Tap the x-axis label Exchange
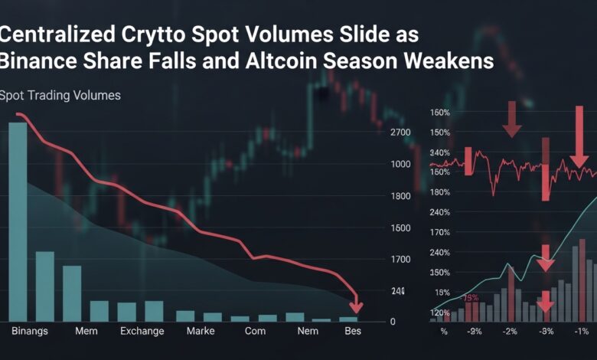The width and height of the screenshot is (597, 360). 142,331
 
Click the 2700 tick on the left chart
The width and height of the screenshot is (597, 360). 400,133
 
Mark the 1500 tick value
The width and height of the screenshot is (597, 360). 400,228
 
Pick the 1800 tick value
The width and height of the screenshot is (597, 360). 400,196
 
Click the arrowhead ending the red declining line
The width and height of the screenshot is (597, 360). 355,308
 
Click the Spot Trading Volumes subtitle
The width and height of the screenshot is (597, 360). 60,96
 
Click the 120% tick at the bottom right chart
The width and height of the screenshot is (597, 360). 439,313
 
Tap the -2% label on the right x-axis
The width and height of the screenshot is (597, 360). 510,331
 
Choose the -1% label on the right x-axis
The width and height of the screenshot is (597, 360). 581,331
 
